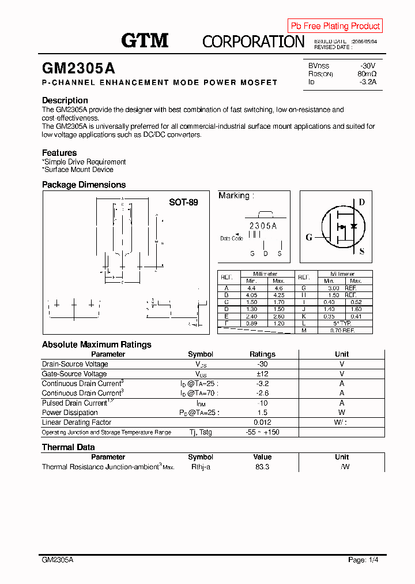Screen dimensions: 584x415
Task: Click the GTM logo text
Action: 145,40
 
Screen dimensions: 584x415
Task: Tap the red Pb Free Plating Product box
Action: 335,26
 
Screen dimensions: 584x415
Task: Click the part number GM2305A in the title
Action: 78,68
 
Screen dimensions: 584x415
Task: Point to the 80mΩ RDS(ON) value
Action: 367,74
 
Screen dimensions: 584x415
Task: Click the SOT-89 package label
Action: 183,203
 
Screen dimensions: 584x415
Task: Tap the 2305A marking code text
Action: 263,226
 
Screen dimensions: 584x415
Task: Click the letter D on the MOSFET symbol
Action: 362,202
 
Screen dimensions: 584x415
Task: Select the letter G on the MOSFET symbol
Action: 309,237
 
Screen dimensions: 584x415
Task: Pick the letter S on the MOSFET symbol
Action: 362,252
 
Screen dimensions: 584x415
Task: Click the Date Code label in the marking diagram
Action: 232,238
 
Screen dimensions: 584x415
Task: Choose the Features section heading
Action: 59,153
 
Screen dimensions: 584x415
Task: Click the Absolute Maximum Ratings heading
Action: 96,345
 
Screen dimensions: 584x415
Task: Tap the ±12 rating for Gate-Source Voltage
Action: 262,374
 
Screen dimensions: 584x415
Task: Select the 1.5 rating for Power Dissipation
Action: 262,413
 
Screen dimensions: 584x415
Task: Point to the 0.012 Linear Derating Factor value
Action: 262,422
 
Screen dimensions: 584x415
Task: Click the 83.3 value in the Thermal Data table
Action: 262,467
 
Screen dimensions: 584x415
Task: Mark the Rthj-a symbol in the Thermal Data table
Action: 201,467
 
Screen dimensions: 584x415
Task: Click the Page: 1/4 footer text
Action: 364,560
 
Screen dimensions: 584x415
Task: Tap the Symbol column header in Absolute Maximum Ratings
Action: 201,354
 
